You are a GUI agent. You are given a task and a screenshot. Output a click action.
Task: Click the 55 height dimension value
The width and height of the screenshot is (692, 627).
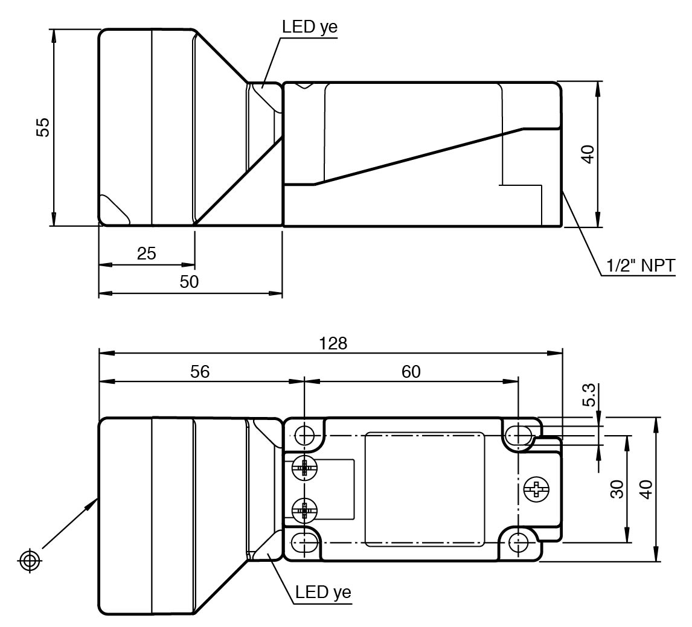coord(43,127)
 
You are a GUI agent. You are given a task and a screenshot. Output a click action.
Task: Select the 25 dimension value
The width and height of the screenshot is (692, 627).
coord(147,253)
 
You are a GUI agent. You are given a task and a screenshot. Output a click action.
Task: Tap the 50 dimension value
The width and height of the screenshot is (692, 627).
coord(189,281)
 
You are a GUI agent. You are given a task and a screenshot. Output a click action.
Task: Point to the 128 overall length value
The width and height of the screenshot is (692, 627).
coord(333,343)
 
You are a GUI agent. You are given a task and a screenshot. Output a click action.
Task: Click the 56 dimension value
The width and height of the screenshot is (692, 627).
coord(200,372)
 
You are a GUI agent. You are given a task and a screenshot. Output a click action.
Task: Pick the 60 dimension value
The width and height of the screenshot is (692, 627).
coord(411,372)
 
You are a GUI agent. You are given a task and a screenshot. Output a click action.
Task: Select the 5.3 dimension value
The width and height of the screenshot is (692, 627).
coord(589,395)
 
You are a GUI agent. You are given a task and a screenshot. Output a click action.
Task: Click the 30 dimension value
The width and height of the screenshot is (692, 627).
coord(617,489)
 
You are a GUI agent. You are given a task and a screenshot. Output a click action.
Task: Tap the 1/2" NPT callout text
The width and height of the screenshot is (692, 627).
coord(640,266)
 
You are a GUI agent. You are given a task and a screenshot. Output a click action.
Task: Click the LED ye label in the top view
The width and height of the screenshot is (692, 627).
coord(310,27)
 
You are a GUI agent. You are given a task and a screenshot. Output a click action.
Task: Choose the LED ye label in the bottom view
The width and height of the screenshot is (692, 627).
coord(324,592)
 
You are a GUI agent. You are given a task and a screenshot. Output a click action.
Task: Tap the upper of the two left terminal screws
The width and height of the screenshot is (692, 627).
coord(304,467)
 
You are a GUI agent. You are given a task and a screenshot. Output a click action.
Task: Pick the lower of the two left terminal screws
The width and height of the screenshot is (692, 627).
coord(304,511)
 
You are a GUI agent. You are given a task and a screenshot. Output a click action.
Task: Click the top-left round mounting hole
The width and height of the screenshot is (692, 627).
coord(304,435)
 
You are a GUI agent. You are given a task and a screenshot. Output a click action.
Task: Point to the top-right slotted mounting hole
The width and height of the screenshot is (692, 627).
coord(519,435)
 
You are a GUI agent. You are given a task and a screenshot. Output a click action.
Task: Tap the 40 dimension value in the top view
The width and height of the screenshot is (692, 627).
coord(588,154)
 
